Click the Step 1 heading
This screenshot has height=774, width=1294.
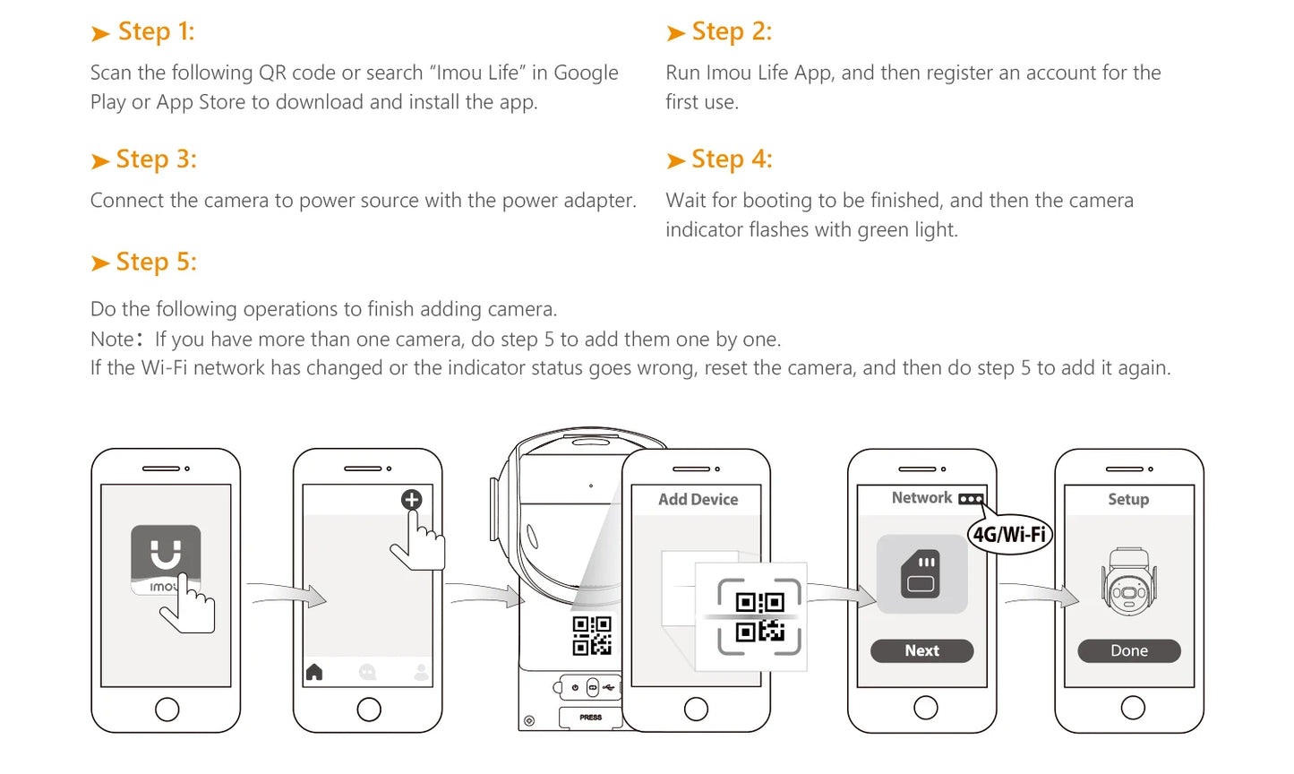coord(142,31)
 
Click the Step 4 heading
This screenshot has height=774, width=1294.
coord(718,159)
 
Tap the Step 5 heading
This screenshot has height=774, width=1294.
coord(143,262)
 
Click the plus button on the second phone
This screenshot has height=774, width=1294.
coord(411,500)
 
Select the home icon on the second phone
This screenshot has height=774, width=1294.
coord(314,672)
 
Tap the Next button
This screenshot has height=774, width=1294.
coord(921,650)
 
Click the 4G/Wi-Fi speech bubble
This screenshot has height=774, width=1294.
coord(1009,534)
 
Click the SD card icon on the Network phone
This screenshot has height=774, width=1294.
coord(921,573)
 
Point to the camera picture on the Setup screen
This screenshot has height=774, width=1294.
coord(1129,580)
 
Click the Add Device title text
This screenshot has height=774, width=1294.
coord(698,499)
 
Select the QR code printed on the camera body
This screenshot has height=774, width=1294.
coord(592,636)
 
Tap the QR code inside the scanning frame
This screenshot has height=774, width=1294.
coord(759,616)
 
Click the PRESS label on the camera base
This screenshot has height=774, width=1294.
coord(590,718)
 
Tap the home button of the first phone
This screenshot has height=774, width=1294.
coord(167,709)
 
